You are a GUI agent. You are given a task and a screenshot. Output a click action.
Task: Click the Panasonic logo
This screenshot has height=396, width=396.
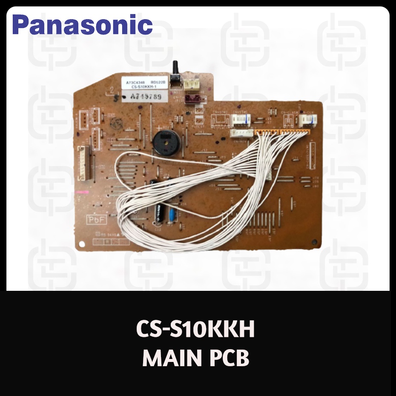tap(83, 24)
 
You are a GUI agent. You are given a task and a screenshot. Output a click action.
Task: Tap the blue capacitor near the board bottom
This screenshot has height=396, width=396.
tap(172, 214)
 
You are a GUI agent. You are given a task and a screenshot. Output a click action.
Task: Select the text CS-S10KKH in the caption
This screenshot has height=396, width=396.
tap(195, 330)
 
